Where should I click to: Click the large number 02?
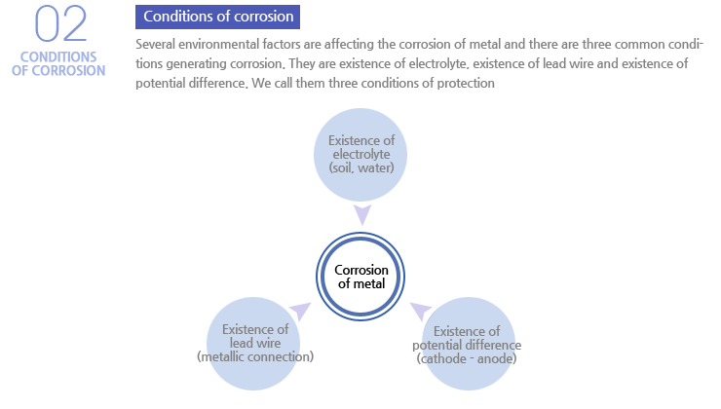60,24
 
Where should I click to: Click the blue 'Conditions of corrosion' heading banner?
217,17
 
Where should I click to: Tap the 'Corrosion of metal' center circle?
360,277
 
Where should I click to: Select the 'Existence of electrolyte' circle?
360,155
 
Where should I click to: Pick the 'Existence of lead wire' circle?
253,344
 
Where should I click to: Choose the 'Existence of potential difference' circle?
468,344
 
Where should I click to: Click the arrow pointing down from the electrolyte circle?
362,215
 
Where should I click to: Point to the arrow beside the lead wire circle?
300,311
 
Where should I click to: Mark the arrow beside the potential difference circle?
421,311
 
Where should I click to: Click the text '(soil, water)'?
361,167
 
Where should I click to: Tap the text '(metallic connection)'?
255,356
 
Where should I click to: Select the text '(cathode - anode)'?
467,358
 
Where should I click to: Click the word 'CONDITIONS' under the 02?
58,57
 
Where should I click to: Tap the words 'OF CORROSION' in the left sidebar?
58,71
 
